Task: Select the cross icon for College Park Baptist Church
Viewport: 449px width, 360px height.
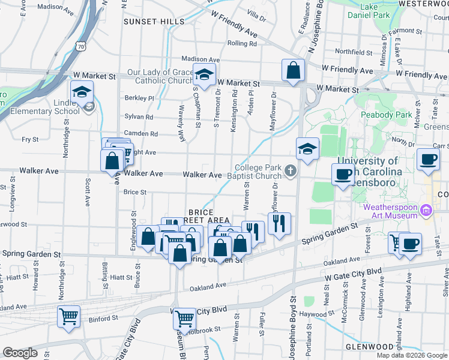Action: (290, 172)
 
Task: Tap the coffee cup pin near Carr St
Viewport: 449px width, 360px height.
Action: (427, 160)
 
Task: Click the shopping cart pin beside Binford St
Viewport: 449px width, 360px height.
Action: (68, 316)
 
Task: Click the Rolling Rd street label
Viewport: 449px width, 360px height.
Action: (242, 43)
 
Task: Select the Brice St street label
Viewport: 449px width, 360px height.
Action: (134, 192)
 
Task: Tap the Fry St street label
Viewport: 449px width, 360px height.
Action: (30, 139)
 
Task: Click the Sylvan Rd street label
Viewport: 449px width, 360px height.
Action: (139, 117)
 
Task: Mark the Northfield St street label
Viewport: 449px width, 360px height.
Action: (355, 52)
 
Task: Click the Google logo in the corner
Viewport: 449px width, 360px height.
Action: (20, 353)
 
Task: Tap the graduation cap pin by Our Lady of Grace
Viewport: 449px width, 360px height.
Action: (204, 76)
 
